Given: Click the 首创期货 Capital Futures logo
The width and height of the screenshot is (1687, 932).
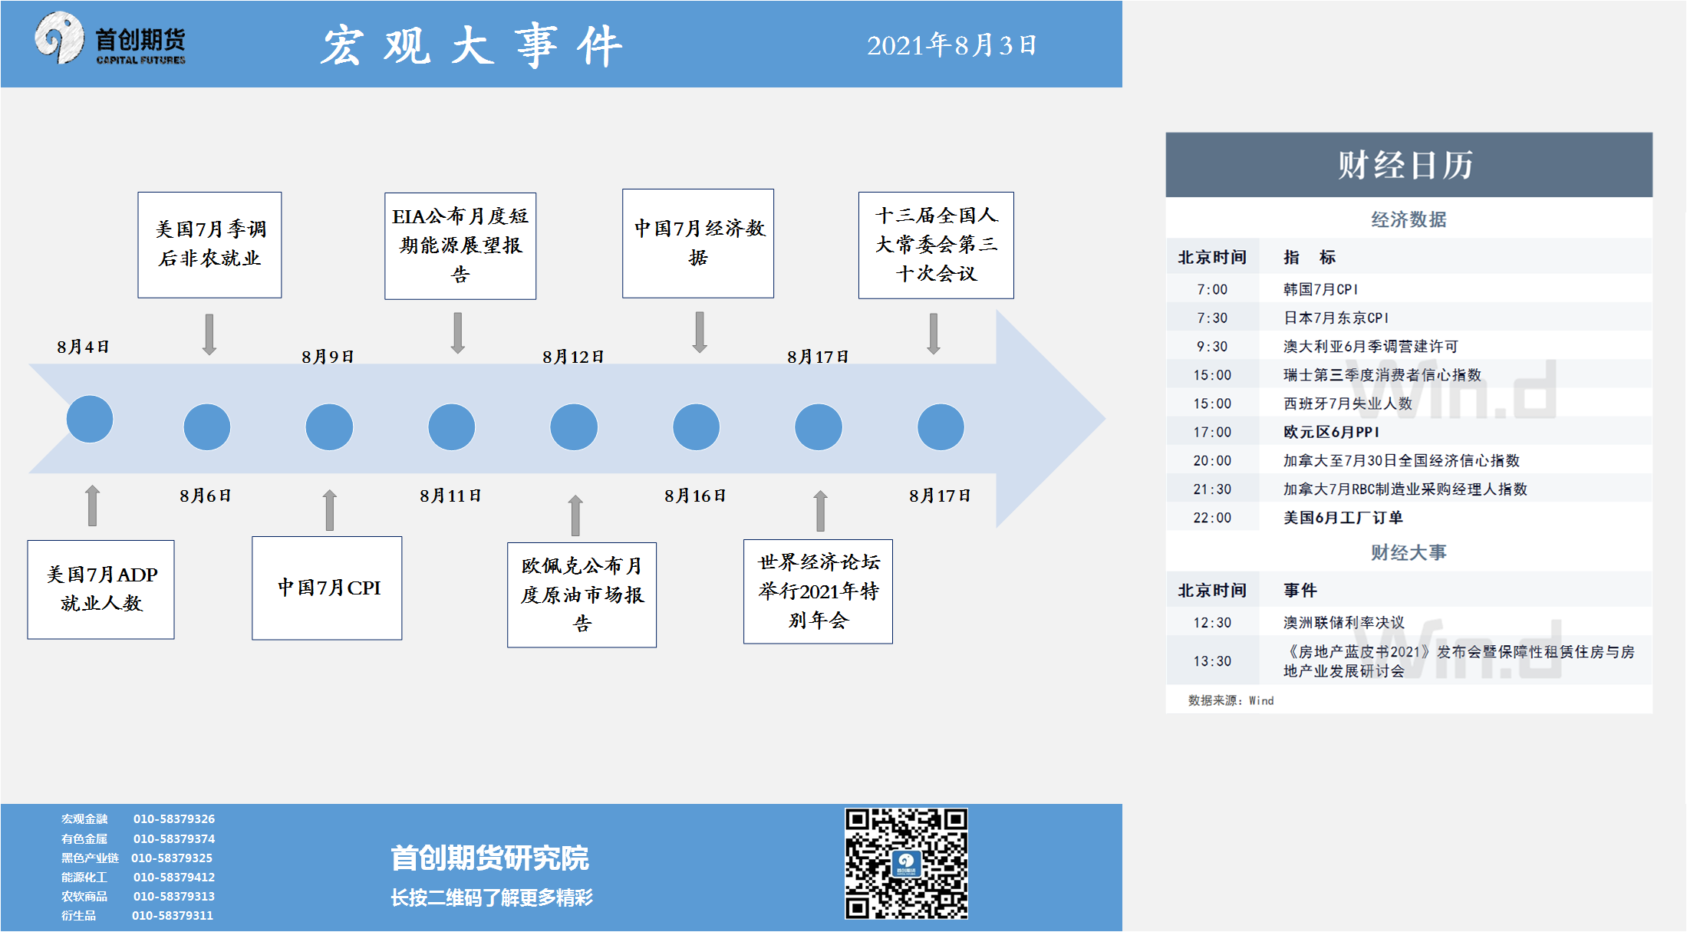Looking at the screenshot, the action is [110, 39].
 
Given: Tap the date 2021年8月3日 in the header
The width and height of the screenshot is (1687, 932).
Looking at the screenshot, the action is [951, 45].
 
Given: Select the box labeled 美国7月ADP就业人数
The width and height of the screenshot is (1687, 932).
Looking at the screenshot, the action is [101, 589].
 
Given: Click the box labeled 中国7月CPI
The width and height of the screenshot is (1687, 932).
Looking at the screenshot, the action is [327, 588].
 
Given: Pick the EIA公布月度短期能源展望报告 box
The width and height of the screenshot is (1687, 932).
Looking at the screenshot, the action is [460, 245].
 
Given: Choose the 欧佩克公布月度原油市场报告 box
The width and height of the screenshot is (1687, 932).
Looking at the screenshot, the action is [582, 594].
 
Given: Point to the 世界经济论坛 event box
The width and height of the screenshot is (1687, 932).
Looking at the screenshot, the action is [818, 591].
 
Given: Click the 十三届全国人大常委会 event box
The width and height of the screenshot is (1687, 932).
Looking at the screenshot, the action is [936, 245].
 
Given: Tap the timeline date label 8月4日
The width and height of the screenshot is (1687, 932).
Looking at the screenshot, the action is [83, 347].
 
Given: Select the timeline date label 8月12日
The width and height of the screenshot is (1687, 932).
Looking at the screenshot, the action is [573, 357].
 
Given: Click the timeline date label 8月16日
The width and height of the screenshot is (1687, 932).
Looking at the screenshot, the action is [695, 496].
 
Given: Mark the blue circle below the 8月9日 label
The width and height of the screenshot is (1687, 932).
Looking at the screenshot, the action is [329, 427].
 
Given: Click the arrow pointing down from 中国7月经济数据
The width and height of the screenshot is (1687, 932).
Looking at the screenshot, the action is [700, 332].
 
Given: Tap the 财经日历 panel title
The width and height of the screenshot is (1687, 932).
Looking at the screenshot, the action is [1405, 165].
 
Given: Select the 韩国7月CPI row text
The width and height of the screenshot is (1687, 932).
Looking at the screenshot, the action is [1320, 289].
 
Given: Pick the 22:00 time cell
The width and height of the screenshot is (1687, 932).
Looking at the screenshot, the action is [1212, 518].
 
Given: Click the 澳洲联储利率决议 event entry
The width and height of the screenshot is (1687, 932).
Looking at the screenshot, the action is [1344, 622].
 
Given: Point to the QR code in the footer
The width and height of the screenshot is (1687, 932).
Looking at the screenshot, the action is [906, 863].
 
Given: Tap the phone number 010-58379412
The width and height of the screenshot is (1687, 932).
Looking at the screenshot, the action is [174, 877].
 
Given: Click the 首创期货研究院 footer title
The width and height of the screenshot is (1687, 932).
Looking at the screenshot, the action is [489, 858].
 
